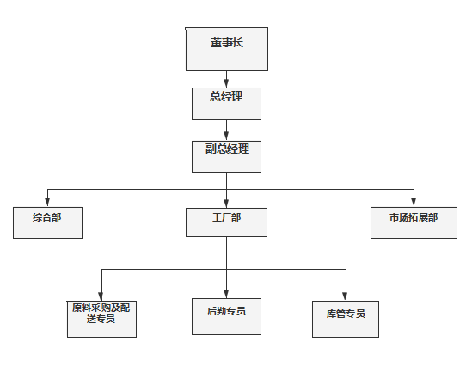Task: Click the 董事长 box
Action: pyautogui.click(x=227, y=50)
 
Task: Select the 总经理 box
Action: pyautogui.click(x=226, y=103)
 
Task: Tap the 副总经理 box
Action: pyautogui.click(x=226, y=155)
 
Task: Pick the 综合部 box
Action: pyautogui.click(x=48, y=223)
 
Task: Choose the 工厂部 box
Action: pyautogui.click(x=227, y=223)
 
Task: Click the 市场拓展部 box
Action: pyautogui.click(x=413, y=223)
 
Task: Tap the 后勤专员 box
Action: pyautogui.click(x=226, y=315)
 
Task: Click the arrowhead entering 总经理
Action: pyautogui.click(x=226, y=83)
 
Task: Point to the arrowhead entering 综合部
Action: pyautogui.click(x=48, y=203)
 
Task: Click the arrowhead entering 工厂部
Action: pyautogui.click(x=227, y=203)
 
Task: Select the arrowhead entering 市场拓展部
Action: pyautogui.click(x=414, y=203)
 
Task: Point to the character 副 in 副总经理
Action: pyautogui.click(x=210, y=149)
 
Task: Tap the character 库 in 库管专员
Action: pyautogui.click(x=330, y=314)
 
